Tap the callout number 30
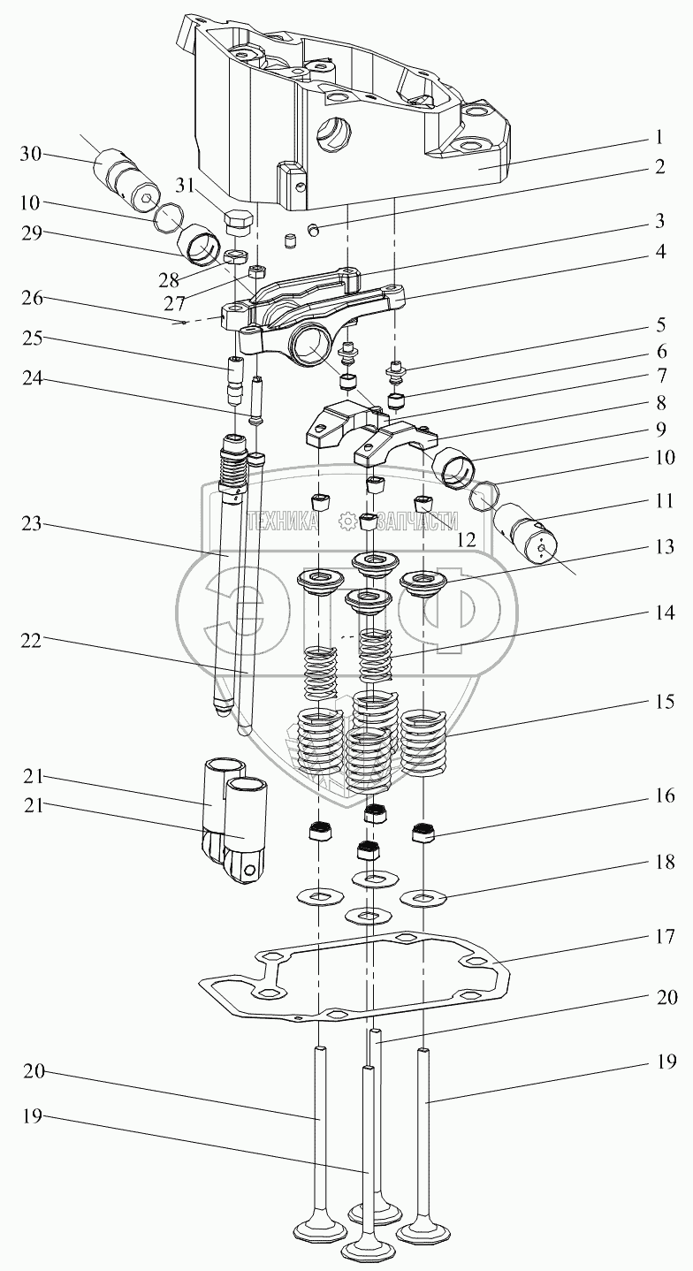coord(31,154)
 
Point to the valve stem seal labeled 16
coord(424,832)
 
